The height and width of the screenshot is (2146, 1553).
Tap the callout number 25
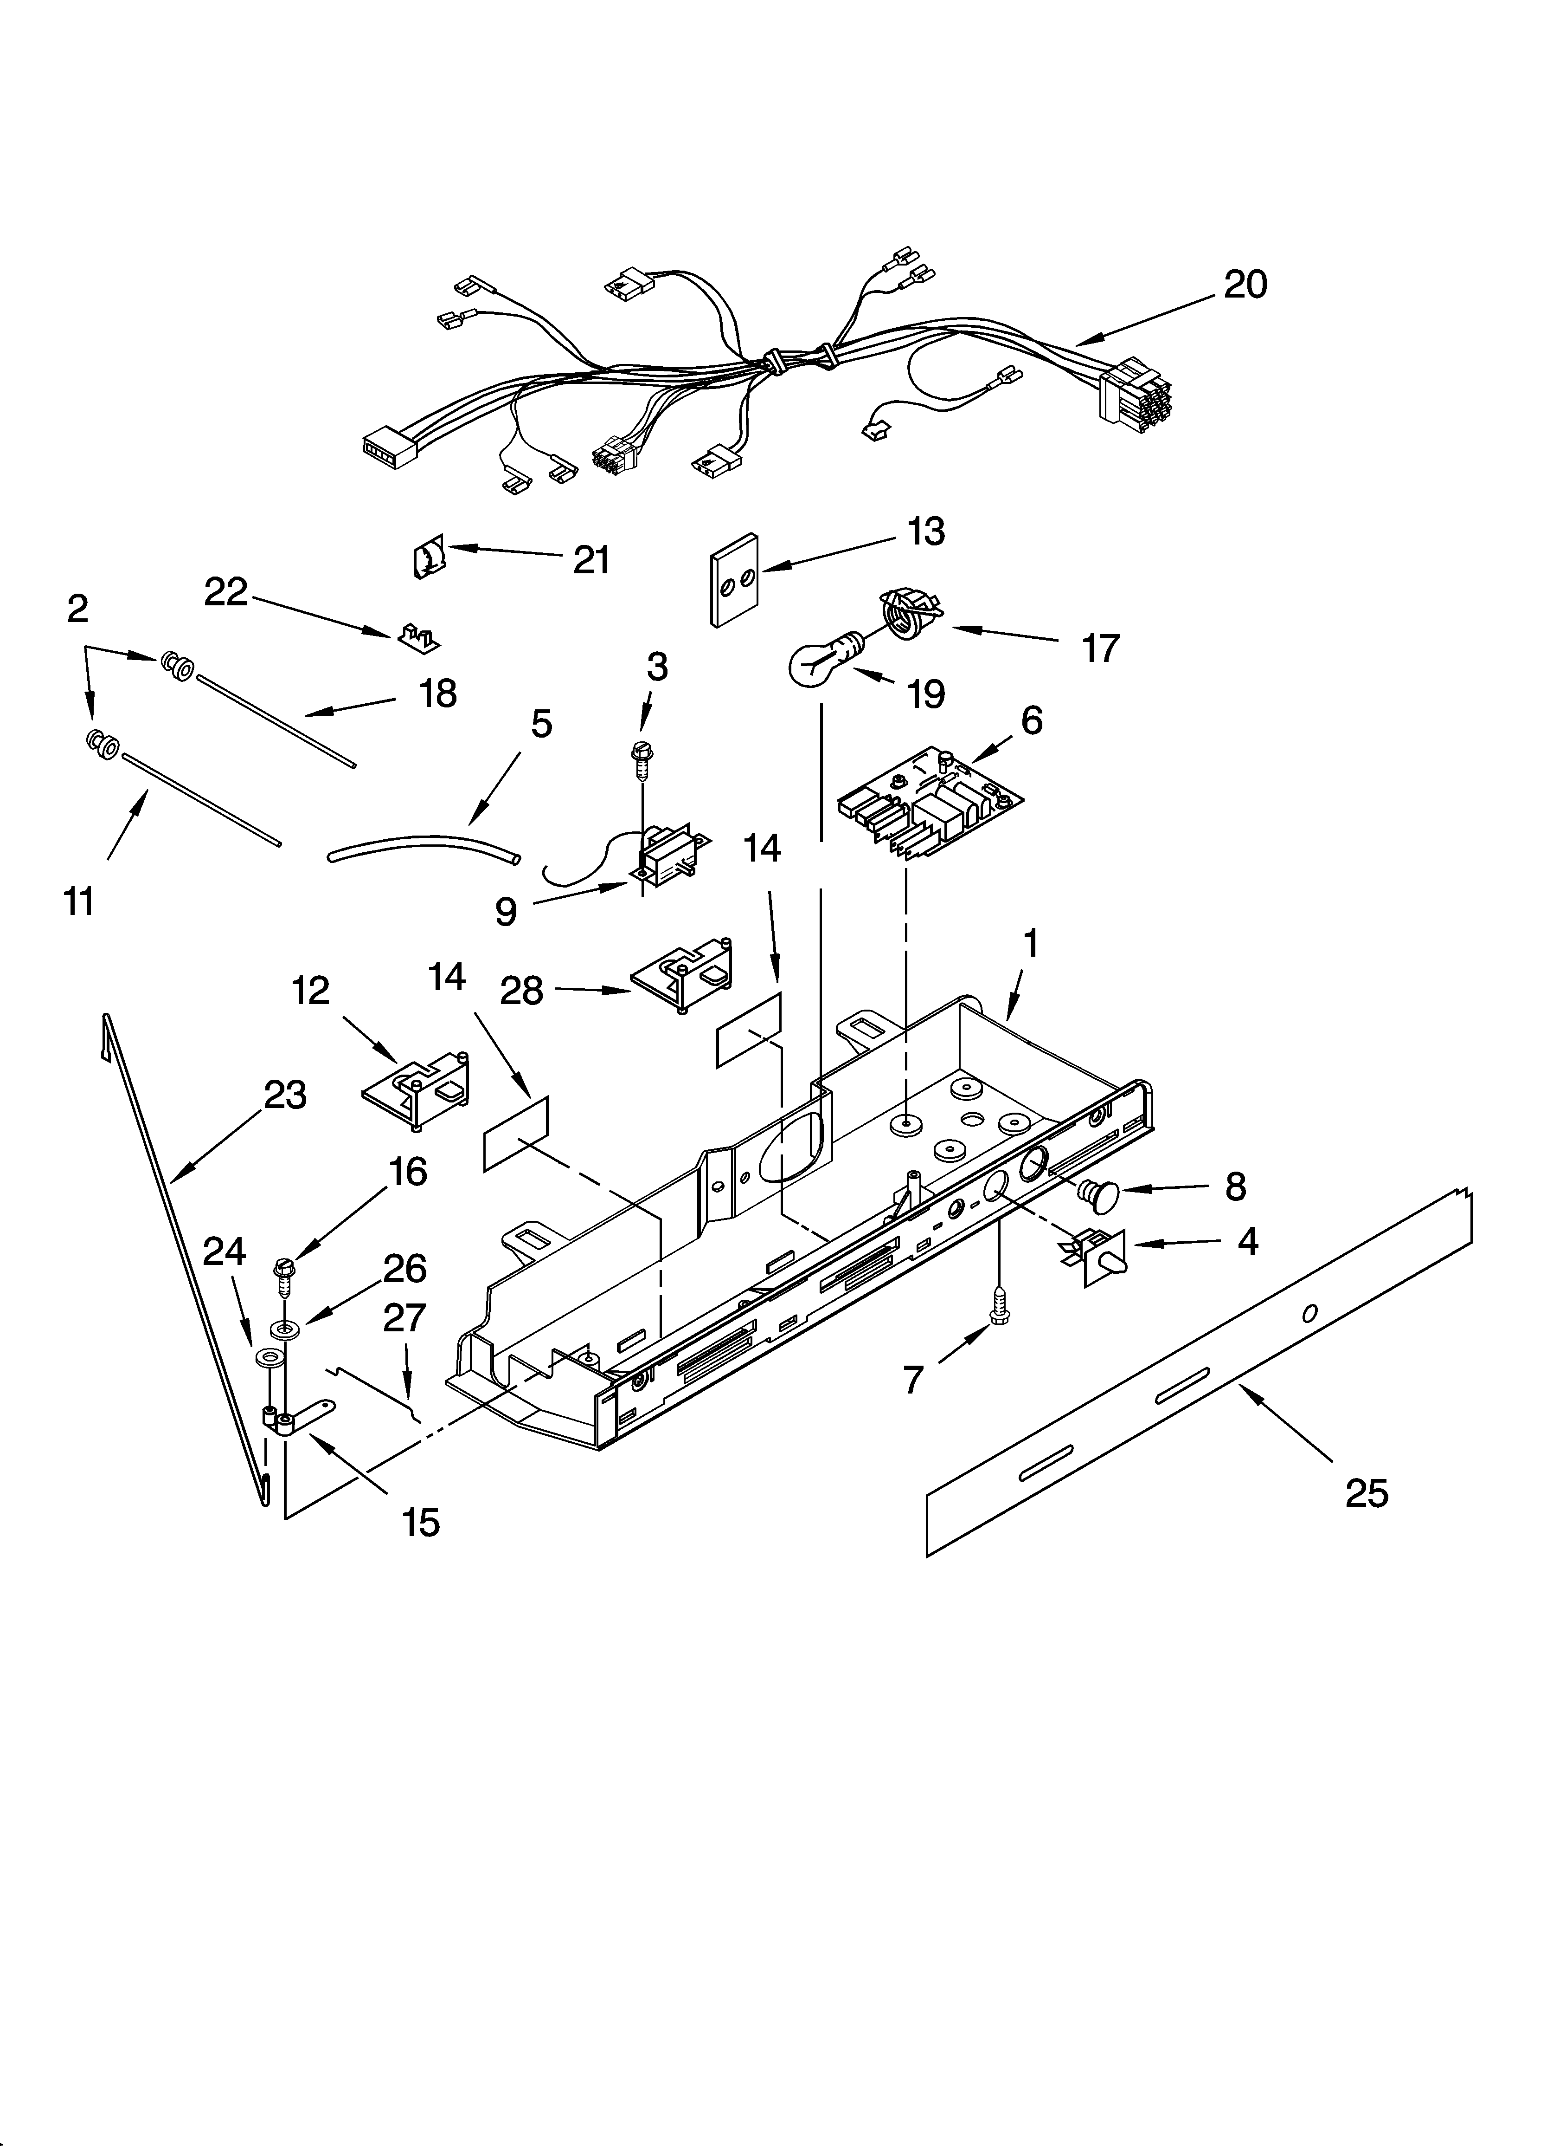[1366, 1493]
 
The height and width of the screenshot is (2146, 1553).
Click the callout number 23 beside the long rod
[285, 1095]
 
